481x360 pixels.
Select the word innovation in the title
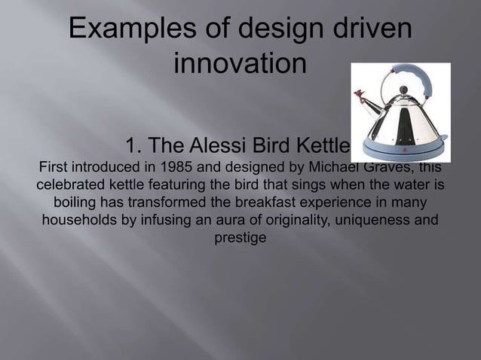[240, 63]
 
